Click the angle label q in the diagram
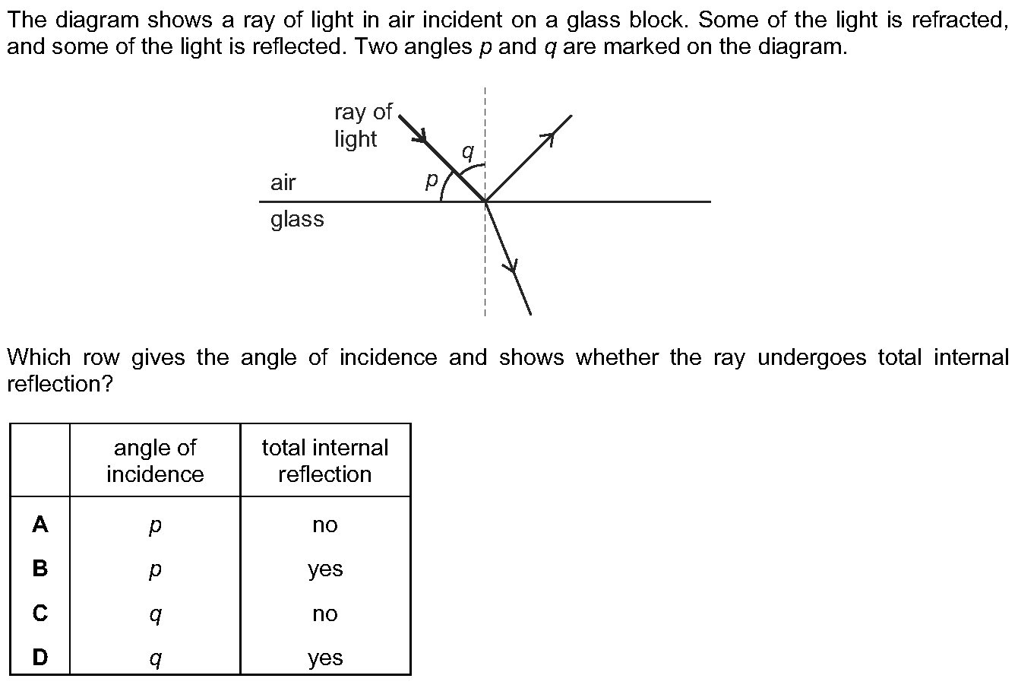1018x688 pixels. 468,151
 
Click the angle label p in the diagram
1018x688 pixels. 432,180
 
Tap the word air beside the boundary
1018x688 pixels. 283,182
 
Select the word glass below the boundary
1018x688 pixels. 297,219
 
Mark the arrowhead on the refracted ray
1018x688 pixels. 512,266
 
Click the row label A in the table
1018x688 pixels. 40,525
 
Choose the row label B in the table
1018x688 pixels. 40,569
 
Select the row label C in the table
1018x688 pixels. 40,613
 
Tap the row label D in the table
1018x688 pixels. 40,657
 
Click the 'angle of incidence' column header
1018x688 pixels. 156,461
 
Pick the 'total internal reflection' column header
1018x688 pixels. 325,461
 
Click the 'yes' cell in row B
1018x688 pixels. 325,569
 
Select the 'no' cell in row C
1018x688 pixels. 325,614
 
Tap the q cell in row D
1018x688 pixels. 156,659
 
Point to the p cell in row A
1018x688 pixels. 156,527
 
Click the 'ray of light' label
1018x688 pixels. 362,125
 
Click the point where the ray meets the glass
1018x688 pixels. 485,201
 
